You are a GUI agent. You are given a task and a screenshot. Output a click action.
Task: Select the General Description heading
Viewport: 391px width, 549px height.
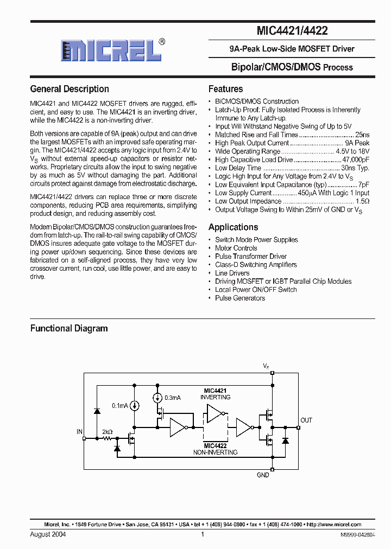click(70, 89)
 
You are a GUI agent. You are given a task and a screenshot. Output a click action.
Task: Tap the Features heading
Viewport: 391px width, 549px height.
click(225, 89)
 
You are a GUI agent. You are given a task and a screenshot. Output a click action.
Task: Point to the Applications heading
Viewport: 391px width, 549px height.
click(233, 227)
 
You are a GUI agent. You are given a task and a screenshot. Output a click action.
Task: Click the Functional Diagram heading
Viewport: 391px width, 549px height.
click(69, 328)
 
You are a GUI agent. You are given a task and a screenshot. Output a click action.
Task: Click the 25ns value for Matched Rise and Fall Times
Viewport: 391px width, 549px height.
click(362, 135)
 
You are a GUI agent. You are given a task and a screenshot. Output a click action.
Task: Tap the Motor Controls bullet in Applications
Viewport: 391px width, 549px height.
click(236, 248)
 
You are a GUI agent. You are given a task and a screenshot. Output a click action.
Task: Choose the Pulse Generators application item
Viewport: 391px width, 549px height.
click(239, 298)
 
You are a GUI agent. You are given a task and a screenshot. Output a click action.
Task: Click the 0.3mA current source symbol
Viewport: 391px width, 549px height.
click(158, 398)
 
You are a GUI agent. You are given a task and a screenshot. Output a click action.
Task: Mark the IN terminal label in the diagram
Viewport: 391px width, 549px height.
click(79, 432)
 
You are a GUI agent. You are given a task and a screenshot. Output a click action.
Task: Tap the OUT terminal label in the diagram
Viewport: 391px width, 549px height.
click(306, 420)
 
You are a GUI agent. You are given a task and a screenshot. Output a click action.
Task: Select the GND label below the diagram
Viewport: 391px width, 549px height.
click(263, 475)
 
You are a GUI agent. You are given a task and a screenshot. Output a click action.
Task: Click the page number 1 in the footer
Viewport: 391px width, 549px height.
click(202, 534)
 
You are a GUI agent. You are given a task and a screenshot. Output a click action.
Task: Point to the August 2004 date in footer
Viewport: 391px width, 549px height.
click(48, 534)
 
